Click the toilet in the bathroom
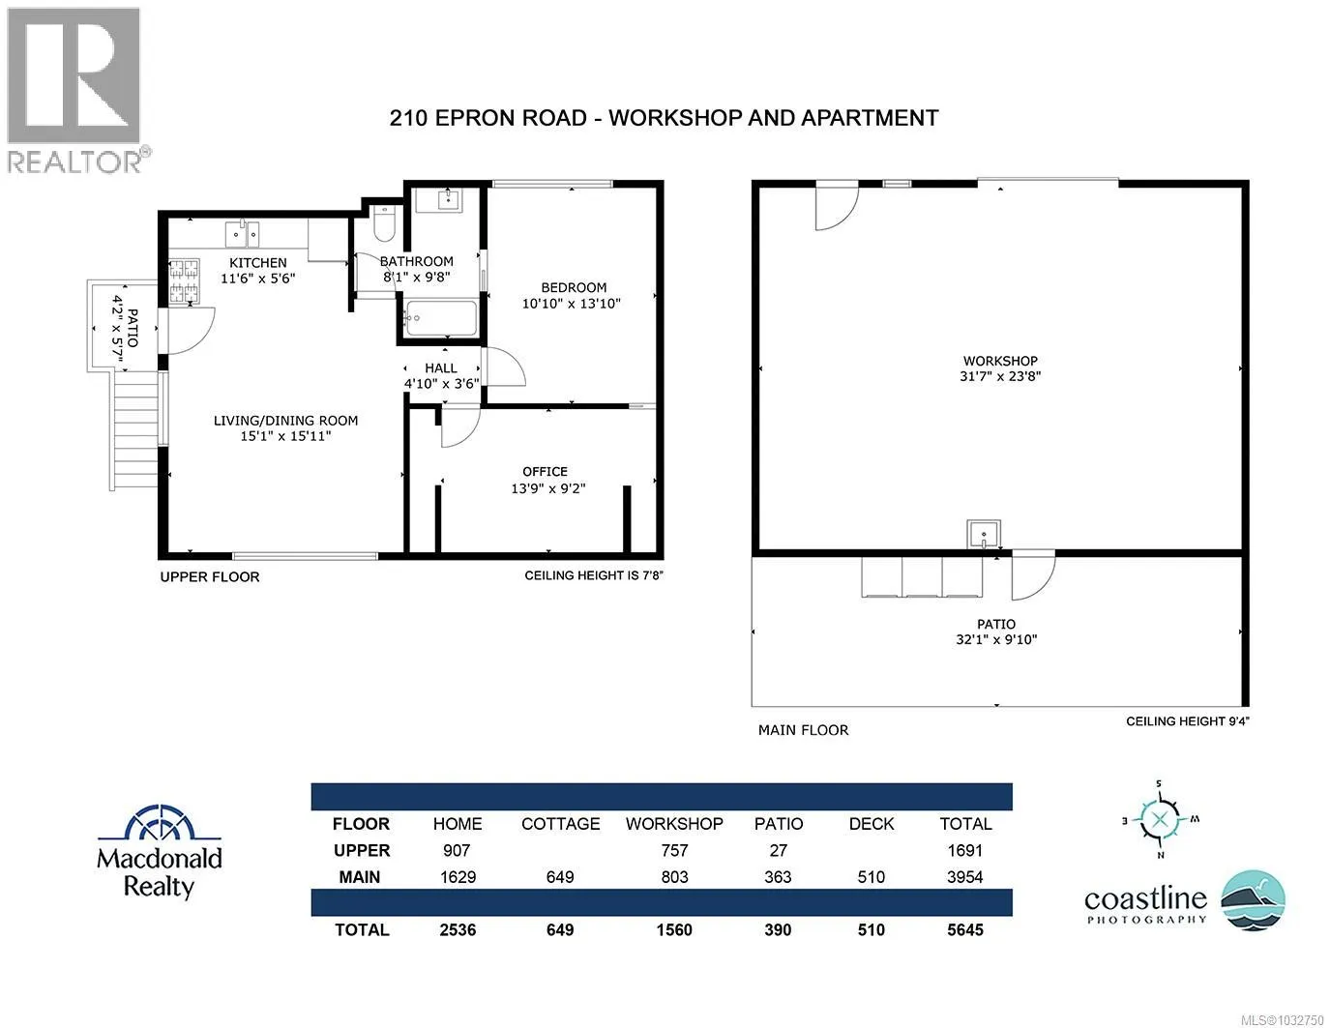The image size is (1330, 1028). pyautogui.click(x=384, y=222)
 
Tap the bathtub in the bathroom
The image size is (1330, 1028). pyautogui.click(x=441, y=318)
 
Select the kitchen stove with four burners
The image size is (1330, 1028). pyautogui.click(x=184, y=280)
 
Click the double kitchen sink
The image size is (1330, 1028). pyautogui.click(x=243, y=234)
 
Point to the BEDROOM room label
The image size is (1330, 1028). pyautogui.click(x=574, y=287)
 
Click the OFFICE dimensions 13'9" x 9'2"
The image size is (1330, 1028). pyautogui.click(x=548, y=488)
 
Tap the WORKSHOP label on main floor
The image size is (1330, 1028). pyautogui.click(x=1000, y=361)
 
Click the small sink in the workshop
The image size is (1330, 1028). pyautogui.click(x=984, y=535)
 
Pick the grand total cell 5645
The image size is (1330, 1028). pyautogui.click(x=965, y=930)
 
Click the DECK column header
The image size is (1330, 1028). pyautogui.click(x=872, y=824)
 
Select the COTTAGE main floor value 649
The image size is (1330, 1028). pyautogui.click(x=560, y=877)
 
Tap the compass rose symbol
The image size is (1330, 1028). pyautogui.click(x=1159, y=820)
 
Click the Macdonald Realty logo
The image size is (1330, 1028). pyautogui.click(x=160, y=852)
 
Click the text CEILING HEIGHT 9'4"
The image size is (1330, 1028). pyautogui.click(x=1188, y=721)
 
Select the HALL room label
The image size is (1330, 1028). pyautogui.click(x=441, y=368)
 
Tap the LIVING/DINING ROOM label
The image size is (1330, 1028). pyautogui.click(x=286, y=421)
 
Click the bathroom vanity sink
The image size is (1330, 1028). pyautogui.click(x=448, y=199)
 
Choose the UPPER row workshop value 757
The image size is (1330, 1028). pyautogui.click(x=674, y=851)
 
